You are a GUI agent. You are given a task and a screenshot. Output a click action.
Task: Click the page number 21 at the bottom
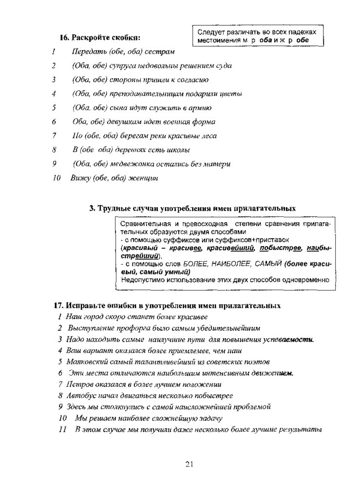[x=189, y=463]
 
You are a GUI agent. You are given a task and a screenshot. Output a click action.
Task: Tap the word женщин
[x=143, y=178]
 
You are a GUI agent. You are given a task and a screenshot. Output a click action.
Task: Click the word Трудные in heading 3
[x=113, y=208]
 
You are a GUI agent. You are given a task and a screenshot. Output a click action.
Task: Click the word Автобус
[x=80, y=395]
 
